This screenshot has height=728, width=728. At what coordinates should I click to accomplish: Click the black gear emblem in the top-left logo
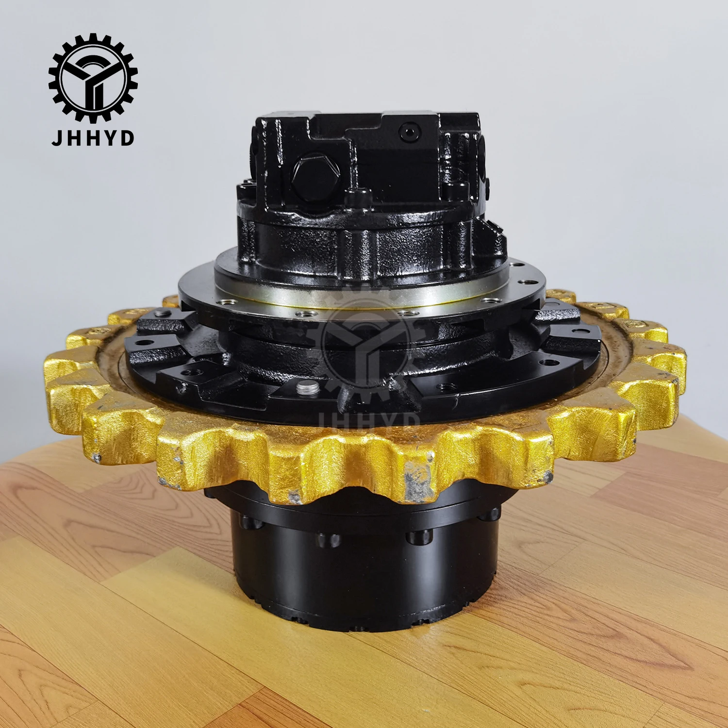point(93,77)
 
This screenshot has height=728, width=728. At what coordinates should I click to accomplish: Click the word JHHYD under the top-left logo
point(93,138)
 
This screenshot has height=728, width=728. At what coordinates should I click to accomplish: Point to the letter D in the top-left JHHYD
point(127,138)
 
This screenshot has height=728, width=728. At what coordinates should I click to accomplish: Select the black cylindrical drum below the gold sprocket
point(364,573)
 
